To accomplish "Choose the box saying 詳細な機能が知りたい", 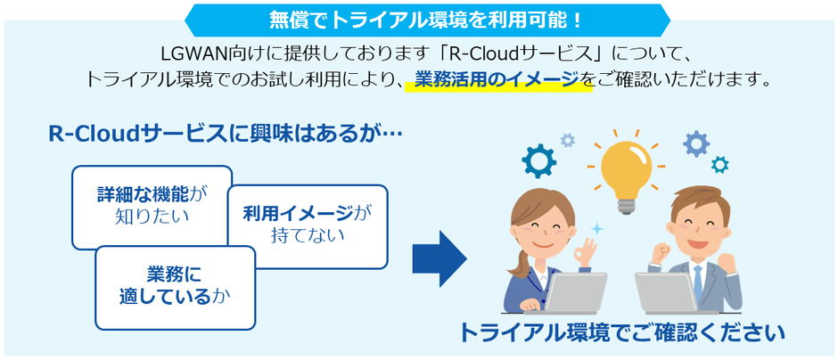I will point(152,206).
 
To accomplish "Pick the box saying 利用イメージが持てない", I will point(307,225).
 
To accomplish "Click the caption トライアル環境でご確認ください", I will point(621,334).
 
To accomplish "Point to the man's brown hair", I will point(698,201).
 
